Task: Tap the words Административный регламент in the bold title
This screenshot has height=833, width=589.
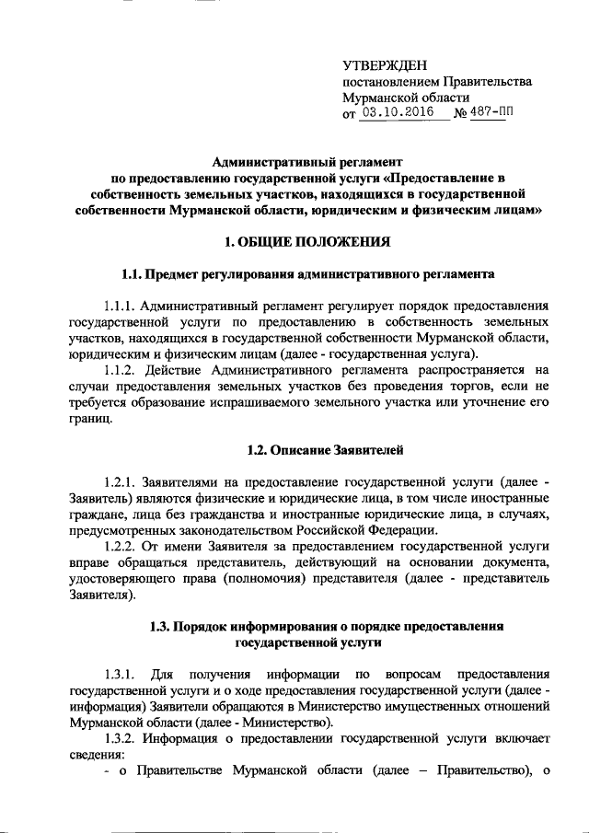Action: (294, 160)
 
